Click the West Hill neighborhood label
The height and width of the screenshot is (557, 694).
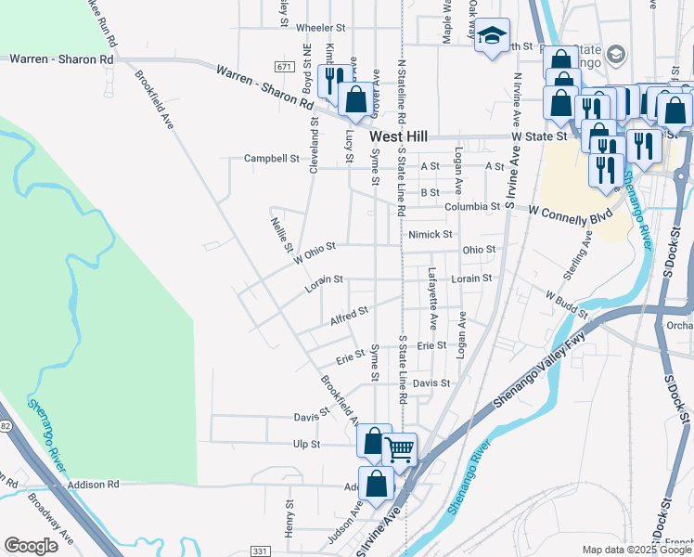pyautogui.click(x=398, y=136)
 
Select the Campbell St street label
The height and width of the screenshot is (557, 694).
pyautogui.click(x=271, y=159)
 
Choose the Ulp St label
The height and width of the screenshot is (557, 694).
pyautogui.click(x=306, y=445)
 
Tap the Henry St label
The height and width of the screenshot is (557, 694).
pyautogui.click(x=289, y=519)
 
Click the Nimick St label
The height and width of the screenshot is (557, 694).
pyautogui.click(x=430, y=235)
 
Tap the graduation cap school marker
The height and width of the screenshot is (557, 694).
pyautogui.click(x=492, y=37)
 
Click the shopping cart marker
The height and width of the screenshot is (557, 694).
pyautogui.click(x=399, y=449)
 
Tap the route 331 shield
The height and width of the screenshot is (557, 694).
pyautogui.click(x=261, y=551)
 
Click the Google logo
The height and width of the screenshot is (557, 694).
pyautogui.click(x=31, y=545)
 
